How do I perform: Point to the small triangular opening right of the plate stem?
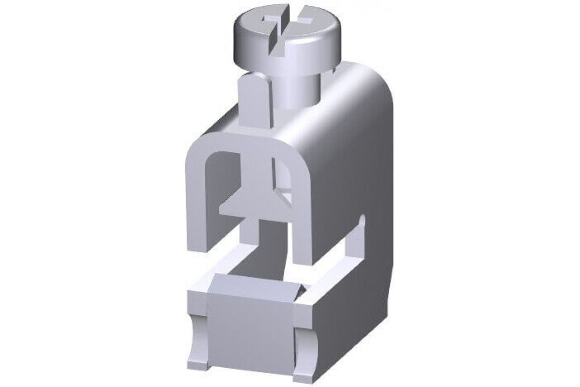(285, 196)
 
